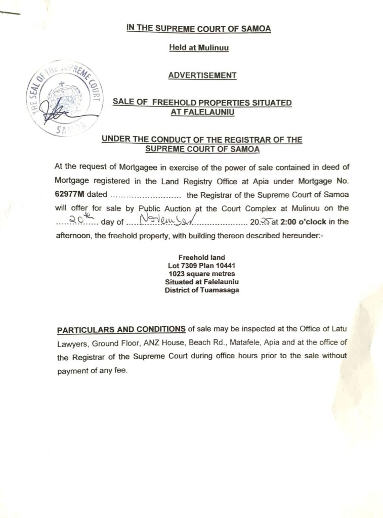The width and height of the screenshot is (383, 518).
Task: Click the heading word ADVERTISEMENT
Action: click(202, 75)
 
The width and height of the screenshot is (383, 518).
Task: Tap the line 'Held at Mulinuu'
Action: click(198, 49)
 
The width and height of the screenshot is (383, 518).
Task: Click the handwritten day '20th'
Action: click(78, 220)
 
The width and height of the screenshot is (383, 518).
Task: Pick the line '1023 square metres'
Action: click(202, 273)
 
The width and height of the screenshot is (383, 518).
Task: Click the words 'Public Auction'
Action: click(164, 207)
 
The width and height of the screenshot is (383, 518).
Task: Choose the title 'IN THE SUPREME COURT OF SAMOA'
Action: click(199, 29)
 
